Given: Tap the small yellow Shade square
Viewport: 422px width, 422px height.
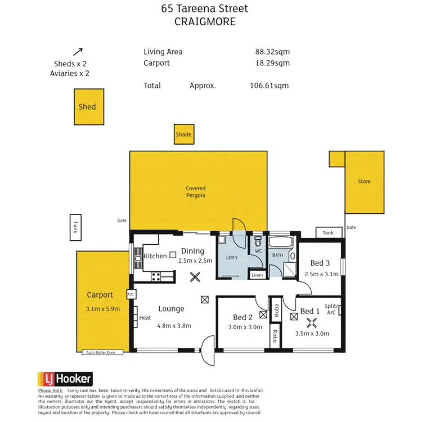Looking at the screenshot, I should pyautogui.click(x=184, y=134).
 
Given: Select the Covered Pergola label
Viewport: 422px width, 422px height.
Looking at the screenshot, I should pyautogui.click(x=196, y=192).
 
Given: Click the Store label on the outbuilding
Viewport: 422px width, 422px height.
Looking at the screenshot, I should pyautogui.click(x=364, y=182).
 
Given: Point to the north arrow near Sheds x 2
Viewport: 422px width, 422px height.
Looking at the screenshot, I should pyautogui.click(x=78, y=52).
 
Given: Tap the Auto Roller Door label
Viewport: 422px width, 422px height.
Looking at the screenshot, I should pyautogui.click(x=101, y=353).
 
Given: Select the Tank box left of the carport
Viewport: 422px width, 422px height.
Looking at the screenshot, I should pyautogui.click(x=76, y=227).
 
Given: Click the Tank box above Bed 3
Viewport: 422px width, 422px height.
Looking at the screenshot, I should pyautogui.click(x=328, y=232).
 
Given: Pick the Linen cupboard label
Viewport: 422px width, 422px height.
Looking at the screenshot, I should pyautogui.click(x=257, y=275).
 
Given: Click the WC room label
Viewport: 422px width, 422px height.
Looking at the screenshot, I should pyautogui.click(x=259, y=252).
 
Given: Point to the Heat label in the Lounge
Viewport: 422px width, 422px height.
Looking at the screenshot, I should pyautogui.click(x=145, y=318).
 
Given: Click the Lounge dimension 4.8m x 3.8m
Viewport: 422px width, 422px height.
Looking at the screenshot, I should pyautogui.click(x=174, y=325).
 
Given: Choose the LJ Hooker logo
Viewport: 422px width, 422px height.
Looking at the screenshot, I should pyautogui.click(x=65, y=379).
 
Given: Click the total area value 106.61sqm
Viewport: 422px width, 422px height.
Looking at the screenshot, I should pyautogui.click(x=269, y=86).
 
